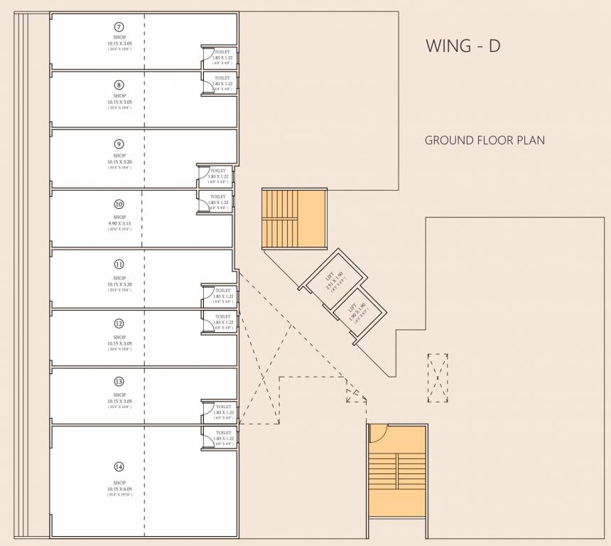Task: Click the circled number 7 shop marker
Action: coord(119,26)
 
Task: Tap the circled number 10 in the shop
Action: coord(119,203)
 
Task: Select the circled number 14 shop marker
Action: coord(119,467)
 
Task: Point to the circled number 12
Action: coord(119,323)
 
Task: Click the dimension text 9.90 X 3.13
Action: coord(119,223)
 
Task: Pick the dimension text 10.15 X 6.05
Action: coord(119,489)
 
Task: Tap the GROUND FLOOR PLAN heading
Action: coord(485,140)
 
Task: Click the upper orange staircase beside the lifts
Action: coord(293,218)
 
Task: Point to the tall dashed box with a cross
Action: coord(438,378)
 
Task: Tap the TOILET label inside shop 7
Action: coord(222,51)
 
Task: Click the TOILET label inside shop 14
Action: coord(223,432)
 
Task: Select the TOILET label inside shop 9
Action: coord(218,171)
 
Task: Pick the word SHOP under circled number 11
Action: coord(119,278)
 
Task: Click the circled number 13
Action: coord(119,381)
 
